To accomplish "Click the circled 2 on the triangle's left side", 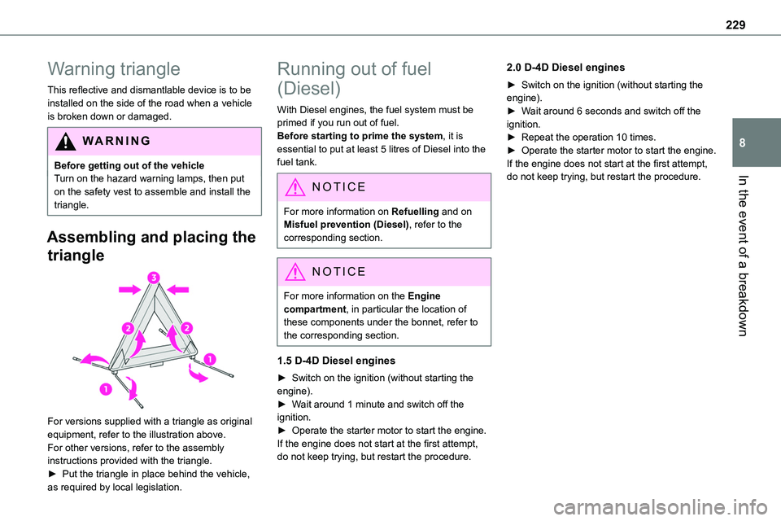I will (x=128, y=327).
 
